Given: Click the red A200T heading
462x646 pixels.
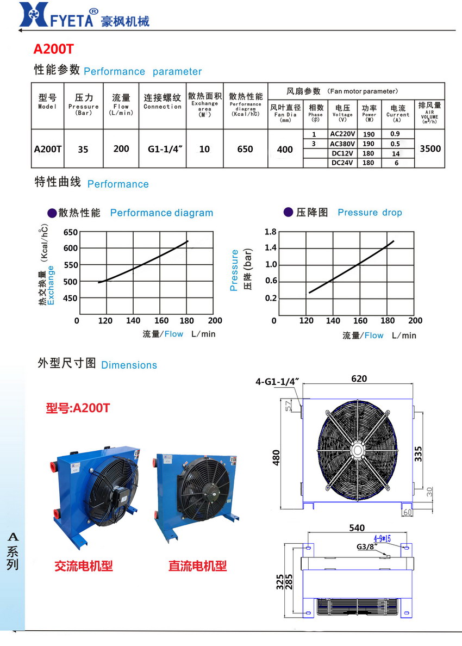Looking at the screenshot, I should (x=53, y=49).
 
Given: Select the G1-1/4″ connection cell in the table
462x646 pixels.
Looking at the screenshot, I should (x=163, y=148).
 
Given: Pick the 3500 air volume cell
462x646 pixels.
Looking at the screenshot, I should (x=430, y=148).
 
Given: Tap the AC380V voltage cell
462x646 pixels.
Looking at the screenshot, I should (x=342, y=144).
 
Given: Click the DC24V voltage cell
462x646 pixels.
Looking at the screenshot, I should (x=342, y=163).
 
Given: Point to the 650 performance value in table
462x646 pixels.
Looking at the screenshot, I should (x=245, y=148).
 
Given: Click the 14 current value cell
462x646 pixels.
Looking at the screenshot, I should (x=396, y=153).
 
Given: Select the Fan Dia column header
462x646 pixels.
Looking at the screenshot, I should (x=285, y=114).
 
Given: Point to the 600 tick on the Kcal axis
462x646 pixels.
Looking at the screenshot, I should (x=71, y=249).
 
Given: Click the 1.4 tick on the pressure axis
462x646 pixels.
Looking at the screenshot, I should (x=270, y=248).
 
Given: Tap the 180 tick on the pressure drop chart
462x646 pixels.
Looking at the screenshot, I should (x=388, y=321).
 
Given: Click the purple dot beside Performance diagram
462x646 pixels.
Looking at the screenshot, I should (x=51, y=213).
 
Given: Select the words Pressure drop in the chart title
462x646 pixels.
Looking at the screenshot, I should (x=370, y=213).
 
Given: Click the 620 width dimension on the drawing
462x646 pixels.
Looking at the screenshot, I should (x=359, y=379).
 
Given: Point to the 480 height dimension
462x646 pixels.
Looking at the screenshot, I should (x=276, y=455).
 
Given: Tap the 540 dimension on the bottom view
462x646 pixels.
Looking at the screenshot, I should (x=357, y=528).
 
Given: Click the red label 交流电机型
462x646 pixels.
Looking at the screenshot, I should (x=84, y=566).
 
